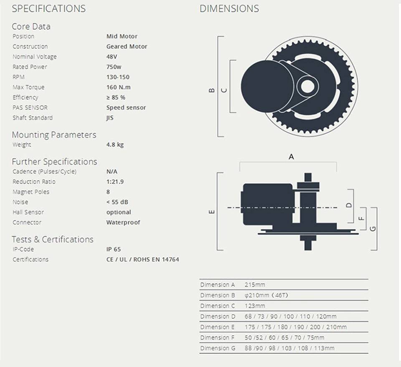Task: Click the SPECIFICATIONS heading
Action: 48,8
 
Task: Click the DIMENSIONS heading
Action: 229,8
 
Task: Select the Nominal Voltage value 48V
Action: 111,57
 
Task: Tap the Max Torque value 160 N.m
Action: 118,87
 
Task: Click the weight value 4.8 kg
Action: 115,145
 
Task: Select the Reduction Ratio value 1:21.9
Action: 115,182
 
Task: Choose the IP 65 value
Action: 114,249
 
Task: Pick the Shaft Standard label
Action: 33,118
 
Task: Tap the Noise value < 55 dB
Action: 117,202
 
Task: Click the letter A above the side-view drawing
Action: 291,157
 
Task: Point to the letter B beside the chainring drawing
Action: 211,90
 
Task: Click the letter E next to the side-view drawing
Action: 211,212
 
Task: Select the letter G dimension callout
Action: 373,228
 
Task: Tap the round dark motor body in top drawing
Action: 261,85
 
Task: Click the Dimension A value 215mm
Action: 255,285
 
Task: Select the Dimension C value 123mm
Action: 255,306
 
